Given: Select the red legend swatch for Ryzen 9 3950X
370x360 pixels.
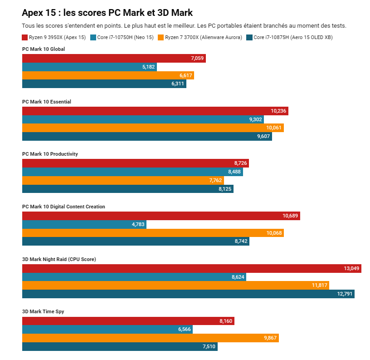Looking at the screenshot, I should pyautogui.click(x=25, y=38).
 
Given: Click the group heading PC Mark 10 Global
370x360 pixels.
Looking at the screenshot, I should pyautogui.click(x=44, y=49).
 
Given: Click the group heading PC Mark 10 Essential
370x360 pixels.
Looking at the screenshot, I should pyautogui.click(x=47, y=102).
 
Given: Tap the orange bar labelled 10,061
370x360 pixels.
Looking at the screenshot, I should pyautogui.click(x=153, y=128).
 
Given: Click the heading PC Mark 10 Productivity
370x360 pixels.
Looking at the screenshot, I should pyautogui.click(x=50, y=154).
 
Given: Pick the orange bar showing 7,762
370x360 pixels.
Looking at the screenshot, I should pyautogui.click(x=123, y=180).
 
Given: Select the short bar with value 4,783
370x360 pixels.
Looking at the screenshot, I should pyautogui.click(x=84, y=224).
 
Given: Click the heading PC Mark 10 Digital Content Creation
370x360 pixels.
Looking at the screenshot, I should pyautogui.click(x=63, y=207).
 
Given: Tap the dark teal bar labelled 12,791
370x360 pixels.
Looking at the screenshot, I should pyautogui.click(x=188, y=294).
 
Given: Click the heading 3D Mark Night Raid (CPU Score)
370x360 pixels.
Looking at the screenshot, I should pyautogui.click(x=59, y=259).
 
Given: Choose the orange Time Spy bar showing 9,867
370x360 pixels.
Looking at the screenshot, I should pyautogui.click(x=150, y=338).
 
